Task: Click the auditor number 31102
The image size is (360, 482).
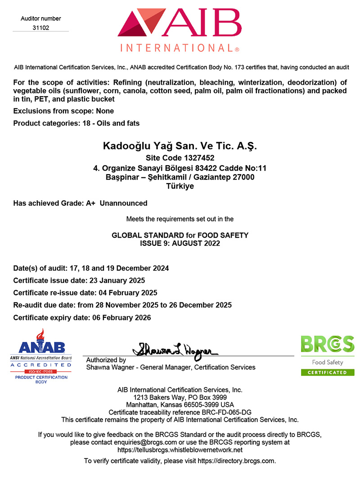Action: [40, 27]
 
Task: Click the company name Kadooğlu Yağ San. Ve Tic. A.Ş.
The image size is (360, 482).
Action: [180, 146]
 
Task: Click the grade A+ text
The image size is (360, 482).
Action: [90, 203]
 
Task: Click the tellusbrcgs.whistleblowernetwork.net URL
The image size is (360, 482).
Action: [180, 450]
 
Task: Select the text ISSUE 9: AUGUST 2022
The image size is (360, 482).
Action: [180, 243]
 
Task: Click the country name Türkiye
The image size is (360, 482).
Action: [180, 186]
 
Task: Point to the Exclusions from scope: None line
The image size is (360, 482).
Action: [63, 111]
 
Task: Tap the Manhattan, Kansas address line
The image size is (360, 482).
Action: [180, 405]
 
